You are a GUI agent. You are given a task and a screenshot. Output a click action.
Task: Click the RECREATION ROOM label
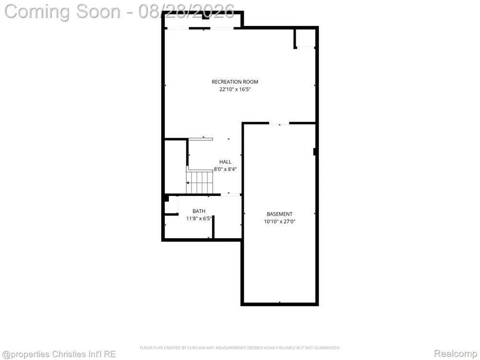235,82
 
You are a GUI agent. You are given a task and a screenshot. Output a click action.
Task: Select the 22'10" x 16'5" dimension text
235,89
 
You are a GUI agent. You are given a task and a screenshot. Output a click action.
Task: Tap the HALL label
225,162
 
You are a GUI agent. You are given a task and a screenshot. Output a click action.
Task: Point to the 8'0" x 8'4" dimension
225,169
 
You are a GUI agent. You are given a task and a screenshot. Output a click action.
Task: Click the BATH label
199,211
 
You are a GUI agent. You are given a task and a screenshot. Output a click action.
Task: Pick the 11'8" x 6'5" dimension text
199,218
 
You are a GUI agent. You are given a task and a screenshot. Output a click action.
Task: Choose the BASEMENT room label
279,214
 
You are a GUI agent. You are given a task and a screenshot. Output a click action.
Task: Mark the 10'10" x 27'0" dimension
279,222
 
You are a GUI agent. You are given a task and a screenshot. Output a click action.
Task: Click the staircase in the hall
200,182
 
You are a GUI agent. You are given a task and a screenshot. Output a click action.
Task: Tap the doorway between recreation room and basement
279,123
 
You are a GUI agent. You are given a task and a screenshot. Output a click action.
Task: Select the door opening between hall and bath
230,195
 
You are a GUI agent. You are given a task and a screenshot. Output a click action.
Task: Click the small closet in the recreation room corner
305,38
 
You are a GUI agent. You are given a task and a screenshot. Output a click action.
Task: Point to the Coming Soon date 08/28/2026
186,12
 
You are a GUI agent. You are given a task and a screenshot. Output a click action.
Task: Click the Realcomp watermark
455,354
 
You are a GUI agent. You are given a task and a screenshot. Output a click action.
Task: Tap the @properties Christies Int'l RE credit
59,354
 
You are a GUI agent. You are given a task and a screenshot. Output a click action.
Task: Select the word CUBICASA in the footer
195,348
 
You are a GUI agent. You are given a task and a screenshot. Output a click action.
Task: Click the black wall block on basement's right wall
314,152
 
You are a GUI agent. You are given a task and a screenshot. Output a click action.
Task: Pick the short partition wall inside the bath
213,227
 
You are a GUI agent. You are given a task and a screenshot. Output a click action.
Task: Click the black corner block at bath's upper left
166,198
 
